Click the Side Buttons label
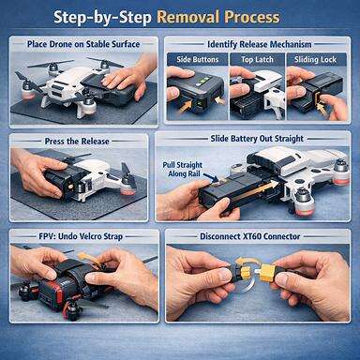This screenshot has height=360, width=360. pos(194,59)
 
